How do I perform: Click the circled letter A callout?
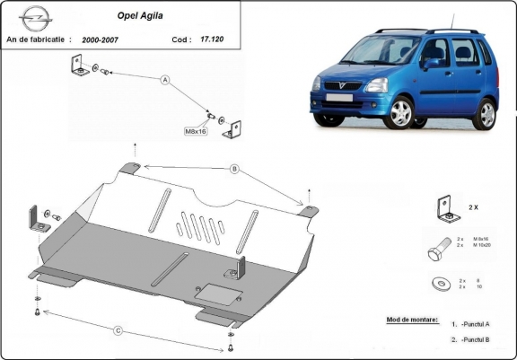pos(164,80)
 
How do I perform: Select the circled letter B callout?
pos(233,168)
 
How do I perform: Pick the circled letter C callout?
pos(118,329)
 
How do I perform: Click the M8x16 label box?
pos(197,131)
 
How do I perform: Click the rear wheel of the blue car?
pos(486,114)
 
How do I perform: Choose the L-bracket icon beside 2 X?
pos(443,207)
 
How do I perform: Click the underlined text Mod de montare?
pos(400,320)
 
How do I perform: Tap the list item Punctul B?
pos(477,340)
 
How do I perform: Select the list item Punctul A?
pos(477,324)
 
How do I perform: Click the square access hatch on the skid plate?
pos(213,292)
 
